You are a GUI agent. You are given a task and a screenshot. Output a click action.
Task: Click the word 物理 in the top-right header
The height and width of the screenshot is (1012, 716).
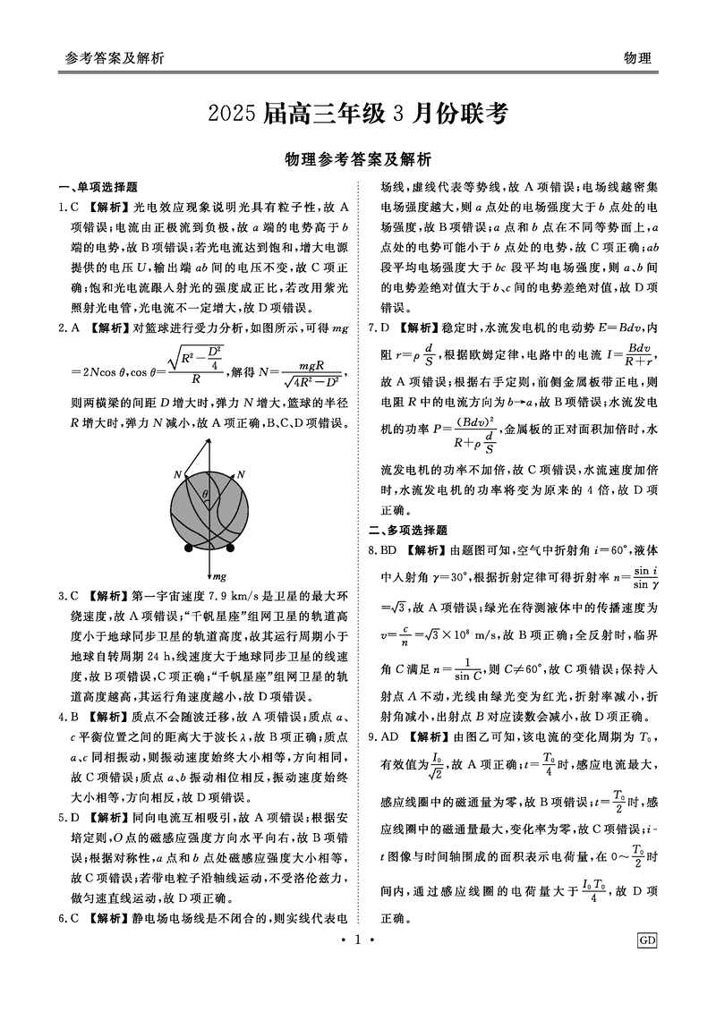click(x=637, y=58)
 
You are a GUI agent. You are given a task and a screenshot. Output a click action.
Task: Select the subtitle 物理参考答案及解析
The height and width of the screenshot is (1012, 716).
click(x=357, y=160)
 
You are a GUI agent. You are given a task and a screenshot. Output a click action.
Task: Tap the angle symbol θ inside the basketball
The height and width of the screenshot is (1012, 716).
click(x=204, y=493)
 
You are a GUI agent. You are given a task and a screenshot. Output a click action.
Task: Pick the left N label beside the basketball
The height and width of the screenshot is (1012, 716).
click(x=177, y=473)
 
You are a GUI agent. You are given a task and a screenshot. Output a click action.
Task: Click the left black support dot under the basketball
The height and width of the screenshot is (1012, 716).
click(x=188, y=548)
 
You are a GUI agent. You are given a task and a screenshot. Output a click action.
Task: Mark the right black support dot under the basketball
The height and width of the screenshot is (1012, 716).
click(x=230, y=548)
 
